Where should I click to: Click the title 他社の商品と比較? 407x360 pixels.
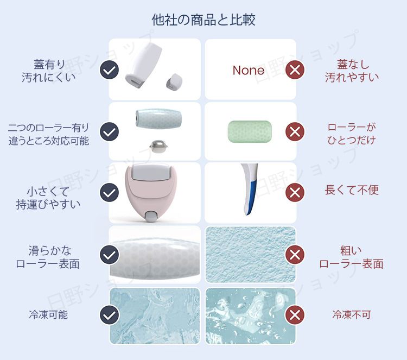[203, 20]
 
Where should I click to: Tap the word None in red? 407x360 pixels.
[249, 70]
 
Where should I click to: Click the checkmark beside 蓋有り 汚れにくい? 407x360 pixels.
[109, 70]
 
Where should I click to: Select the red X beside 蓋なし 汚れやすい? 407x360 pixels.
[295, 70]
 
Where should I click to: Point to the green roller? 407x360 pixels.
[250, 131]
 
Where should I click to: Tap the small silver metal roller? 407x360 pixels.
[158, 147]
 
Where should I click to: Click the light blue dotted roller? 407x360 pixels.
[158, 118]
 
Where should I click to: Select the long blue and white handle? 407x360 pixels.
[249, 188]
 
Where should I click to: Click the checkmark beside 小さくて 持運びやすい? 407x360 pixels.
[109, 192]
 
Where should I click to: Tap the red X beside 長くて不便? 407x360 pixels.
[295, 192]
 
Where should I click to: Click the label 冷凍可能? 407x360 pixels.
[48, 315]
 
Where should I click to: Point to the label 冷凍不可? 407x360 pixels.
[352, 315]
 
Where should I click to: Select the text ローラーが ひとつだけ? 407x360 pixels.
[352, 134]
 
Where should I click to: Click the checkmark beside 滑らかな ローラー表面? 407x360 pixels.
[109, 255]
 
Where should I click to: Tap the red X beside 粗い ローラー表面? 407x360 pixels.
[295, 255]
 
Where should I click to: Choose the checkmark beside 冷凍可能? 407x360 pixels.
[109, 315]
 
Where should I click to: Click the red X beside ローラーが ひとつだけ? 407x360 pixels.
[295, 131]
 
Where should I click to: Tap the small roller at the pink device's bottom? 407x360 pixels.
[149, 217]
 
